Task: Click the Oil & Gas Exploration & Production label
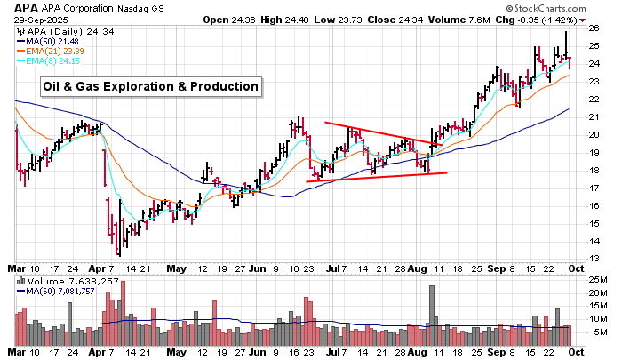click(152, 86)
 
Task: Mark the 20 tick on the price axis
click(592, 134)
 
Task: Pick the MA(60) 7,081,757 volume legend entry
click(60, 292)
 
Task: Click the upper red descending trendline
click(382, 133)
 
